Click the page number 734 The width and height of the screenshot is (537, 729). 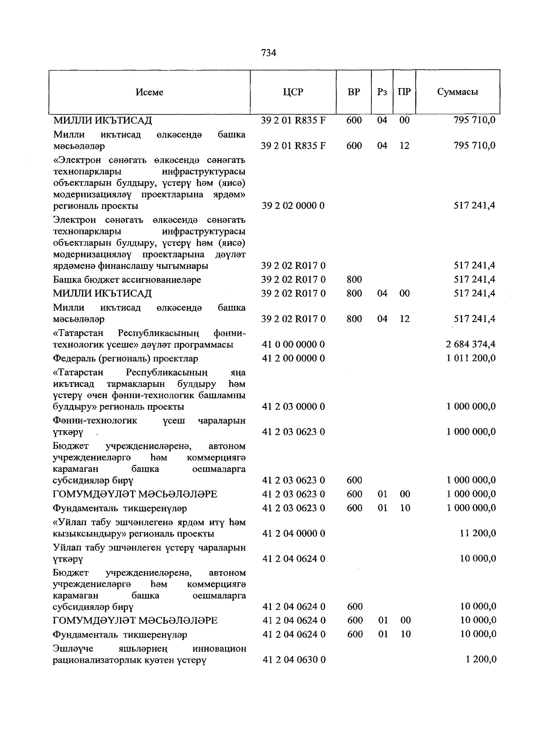[x=268, y=53]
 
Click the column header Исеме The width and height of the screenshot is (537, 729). [x=149, y=92]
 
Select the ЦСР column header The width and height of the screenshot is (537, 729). [x=293, y=92]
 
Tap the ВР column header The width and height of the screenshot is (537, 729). [x=354, y=92]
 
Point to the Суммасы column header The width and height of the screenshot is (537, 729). [x=457, y=92]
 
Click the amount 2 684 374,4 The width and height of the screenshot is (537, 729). [x=471, y=345]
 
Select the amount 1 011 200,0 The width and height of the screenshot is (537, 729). [x=471, y=359]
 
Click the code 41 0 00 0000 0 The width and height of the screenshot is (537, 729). [x=294, y=345]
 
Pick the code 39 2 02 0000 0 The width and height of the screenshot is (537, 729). [x=294, y=206]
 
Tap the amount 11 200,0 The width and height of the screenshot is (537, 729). [x=477, y=534]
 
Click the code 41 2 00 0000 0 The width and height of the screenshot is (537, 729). [x=294, y=359]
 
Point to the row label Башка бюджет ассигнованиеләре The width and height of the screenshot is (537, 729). [x=127, y=280]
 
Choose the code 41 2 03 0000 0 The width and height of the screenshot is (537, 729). [x=294, y=407]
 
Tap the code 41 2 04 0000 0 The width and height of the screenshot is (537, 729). [x=294, y=534]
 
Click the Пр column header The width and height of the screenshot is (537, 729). [x=404, y=92]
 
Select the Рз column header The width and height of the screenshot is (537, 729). [x=382, y=92]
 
